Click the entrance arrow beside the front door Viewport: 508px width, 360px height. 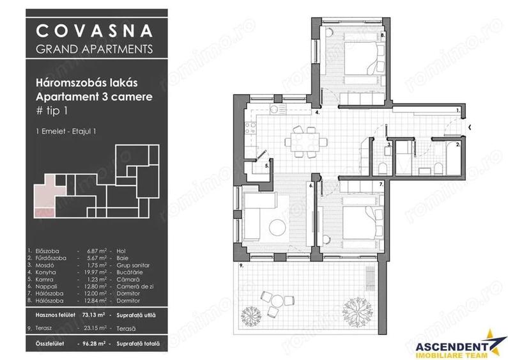pyautogui.click(x=470, y=127)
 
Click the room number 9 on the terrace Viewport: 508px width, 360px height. pyautogui.click(x=240, y=265)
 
